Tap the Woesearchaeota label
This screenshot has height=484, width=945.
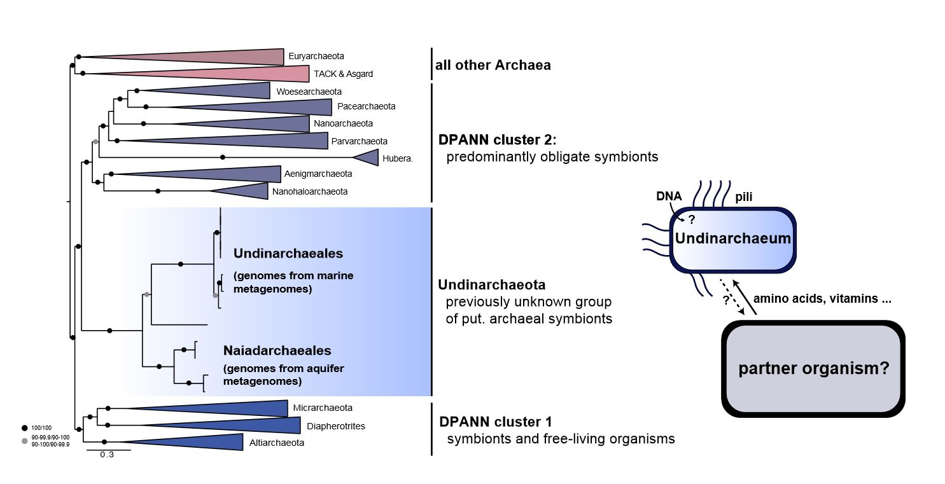tap(309, 92)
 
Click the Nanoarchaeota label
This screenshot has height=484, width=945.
tap(343, 123)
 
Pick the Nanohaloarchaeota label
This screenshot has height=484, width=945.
tap(302, 191)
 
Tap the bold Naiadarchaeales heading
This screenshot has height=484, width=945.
tap(277, 350)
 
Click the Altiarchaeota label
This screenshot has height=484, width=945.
tap(277, 442)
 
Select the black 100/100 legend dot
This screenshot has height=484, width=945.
tap(25, 428)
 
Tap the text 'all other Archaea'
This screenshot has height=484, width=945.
tap(494, 65)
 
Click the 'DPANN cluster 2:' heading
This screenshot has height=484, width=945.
tap(498, 140)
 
